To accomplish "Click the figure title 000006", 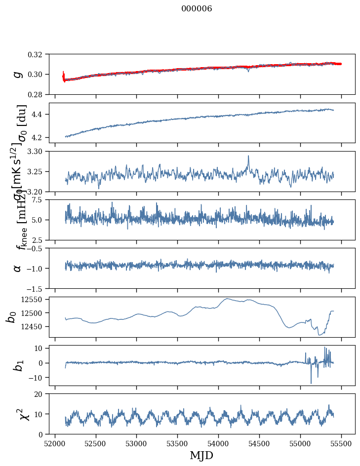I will coord(197,9).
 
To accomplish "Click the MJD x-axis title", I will coord(201,455).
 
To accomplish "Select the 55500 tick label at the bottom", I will coord(341,443).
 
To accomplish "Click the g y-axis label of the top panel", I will coord(18,74).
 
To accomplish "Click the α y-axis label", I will coord(18,268).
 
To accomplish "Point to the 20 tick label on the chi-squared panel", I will coord(41,394).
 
